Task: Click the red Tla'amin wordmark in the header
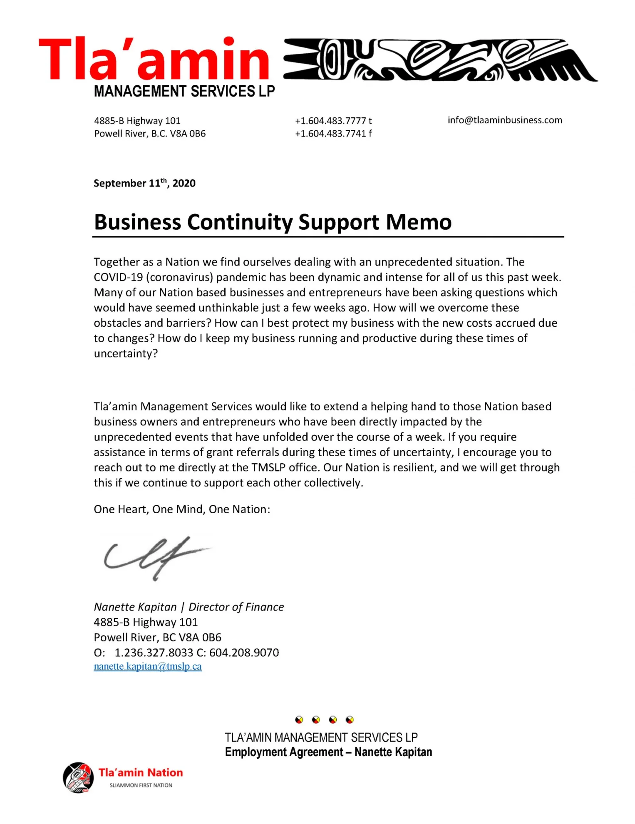pos(154,59)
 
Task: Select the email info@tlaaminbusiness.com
pos(505,120)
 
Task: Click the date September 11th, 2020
pos(144,183)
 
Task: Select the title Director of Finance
pos(236,607)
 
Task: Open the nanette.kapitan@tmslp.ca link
pos(148,666)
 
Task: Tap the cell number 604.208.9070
pos(244,653)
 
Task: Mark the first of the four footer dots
pos(299,720)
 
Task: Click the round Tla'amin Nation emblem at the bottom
pos(78,777)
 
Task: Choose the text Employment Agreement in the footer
pos(284,752)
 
